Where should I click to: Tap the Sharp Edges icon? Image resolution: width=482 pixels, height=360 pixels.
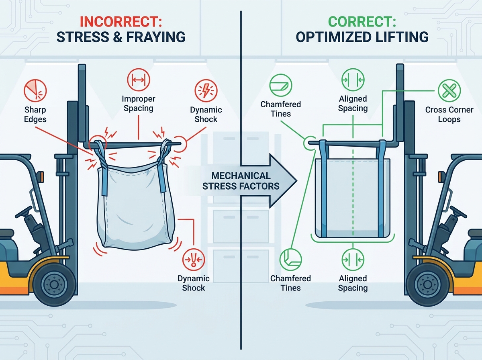click(35, 90)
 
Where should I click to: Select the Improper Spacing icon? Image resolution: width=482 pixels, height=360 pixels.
click(139, 80)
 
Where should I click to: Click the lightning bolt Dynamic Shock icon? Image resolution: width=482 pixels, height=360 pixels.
click(206, 90)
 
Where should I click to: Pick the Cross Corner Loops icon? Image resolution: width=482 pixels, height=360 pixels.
click(449, 90)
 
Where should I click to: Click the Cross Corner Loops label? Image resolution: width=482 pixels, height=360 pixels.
click(449, 115)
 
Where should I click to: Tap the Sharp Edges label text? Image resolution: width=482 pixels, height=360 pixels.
click(35, 115)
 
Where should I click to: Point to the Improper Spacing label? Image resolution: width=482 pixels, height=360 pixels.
click(139, 103)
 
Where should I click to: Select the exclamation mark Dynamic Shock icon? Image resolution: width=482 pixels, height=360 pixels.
click(194, 260)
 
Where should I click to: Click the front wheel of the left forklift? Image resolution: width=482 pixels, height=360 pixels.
click(54, 284)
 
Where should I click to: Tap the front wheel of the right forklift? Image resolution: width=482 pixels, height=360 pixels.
click(427, 284)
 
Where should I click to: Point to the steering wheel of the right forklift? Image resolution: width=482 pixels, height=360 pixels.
click(458, 212)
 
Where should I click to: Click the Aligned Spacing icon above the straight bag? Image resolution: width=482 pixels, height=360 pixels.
click(353, 80)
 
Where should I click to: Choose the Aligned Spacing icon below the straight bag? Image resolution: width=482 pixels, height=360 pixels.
click(353, 260)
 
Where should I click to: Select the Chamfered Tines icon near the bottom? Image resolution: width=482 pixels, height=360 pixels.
click(290, 260)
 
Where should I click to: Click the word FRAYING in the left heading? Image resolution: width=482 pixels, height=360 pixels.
click(156, 37)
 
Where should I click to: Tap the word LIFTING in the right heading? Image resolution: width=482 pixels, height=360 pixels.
click(402, 37)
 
